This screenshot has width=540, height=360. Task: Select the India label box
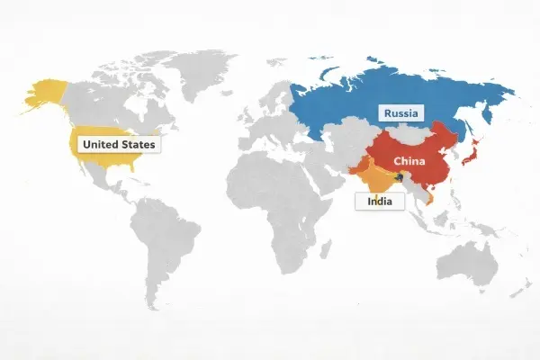[379, 202]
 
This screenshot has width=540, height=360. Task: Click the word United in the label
[99, 144]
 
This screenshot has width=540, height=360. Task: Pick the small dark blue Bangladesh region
[394, 177]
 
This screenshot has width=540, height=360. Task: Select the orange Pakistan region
[354, 167]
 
